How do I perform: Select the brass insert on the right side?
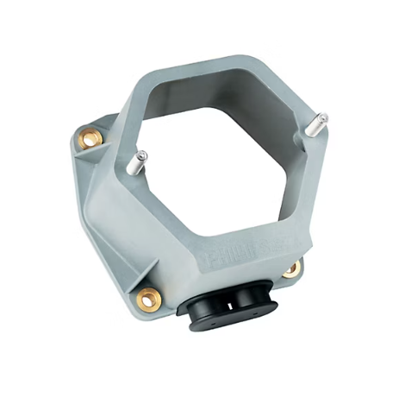tap(292, 268)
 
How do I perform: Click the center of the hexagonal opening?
tap(224, 155)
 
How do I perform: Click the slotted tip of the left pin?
tap(142, 156)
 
